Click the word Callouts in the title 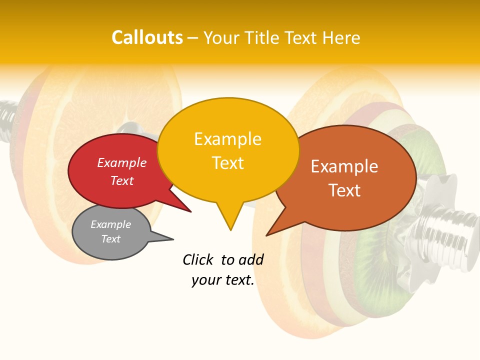pos(147,37)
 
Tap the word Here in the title pos(341,38)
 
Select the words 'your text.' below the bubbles pos(223,280)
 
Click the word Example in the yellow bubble pos(227,139)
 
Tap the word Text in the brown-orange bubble pos(344,190)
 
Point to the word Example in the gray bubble pos(110,224)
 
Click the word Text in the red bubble pos(122,181)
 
